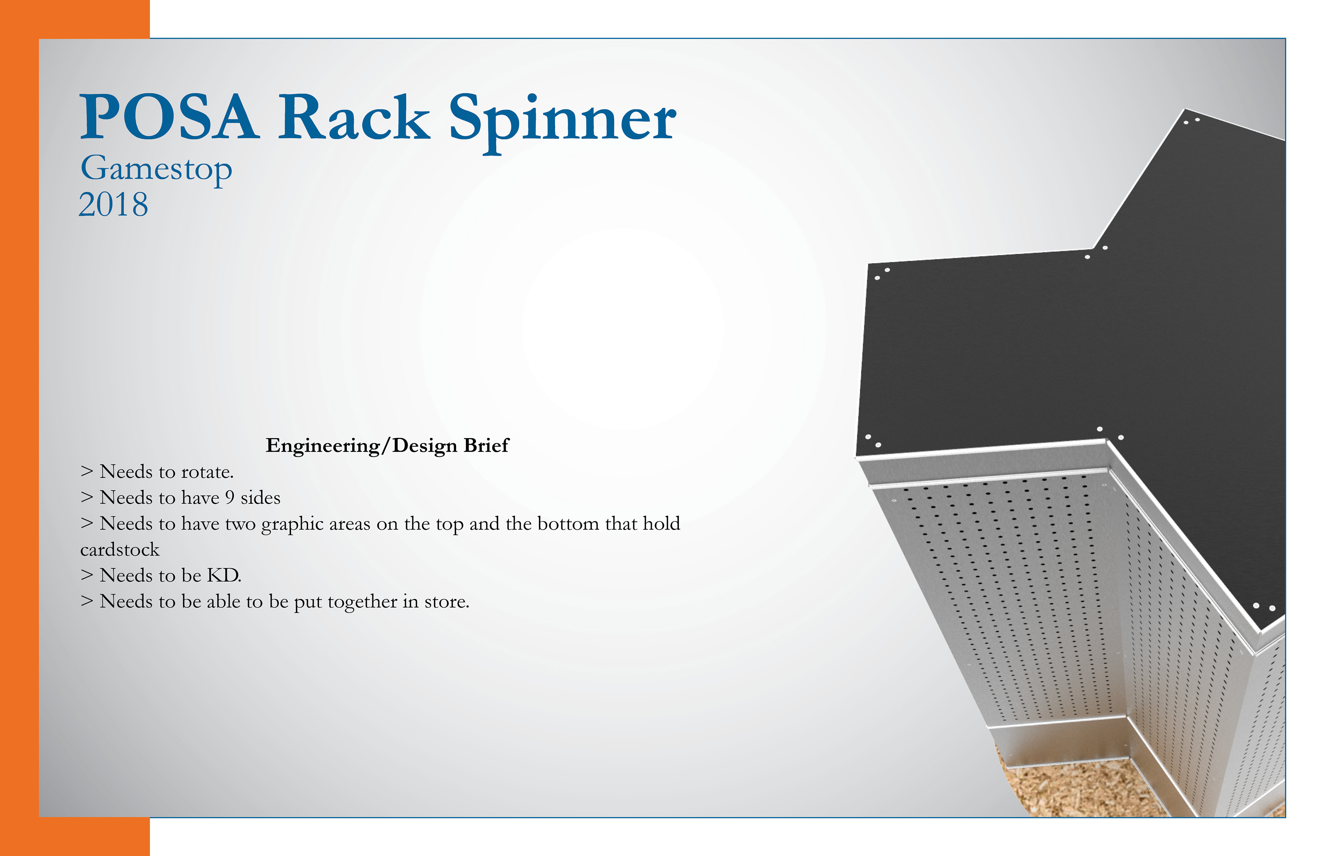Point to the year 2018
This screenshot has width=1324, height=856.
113,205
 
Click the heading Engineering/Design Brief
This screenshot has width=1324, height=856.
387,446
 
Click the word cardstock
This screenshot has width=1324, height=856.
120,550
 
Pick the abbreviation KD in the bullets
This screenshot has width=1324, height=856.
224,575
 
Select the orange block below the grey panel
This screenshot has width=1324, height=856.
75,837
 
